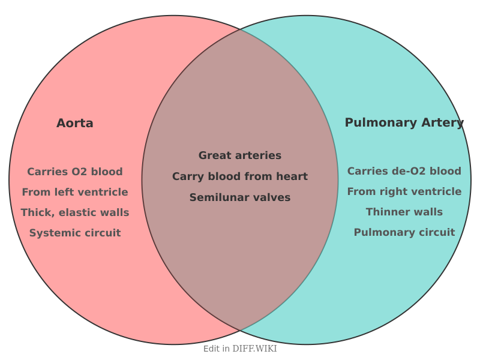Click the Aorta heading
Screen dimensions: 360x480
pos(75,123)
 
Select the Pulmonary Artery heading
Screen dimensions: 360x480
pos(404,122)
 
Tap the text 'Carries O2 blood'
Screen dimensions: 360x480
pos(75,172)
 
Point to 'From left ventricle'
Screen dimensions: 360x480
pos(75,192)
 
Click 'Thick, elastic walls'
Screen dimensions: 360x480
pos(75,212)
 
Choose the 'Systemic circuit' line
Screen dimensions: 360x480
pos(75,233)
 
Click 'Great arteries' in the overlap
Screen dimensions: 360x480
pos(240,155)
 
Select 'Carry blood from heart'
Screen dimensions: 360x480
pos(240,176)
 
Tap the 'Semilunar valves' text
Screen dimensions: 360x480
pos(240,197)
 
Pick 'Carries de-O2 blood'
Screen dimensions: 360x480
pos(404,171)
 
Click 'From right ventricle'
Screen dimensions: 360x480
pos(404,191)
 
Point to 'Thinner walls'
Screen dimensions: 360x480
pos(404,212)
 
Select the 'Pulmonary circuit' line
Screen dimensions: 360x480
pos(404,232)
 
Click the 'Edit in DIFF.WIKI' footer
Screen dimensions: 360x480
pos(240,349)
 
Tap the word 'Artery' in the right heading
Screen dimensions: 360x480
pos(442,122)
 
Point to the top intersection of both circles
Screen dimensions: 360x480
pos(240,29)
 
